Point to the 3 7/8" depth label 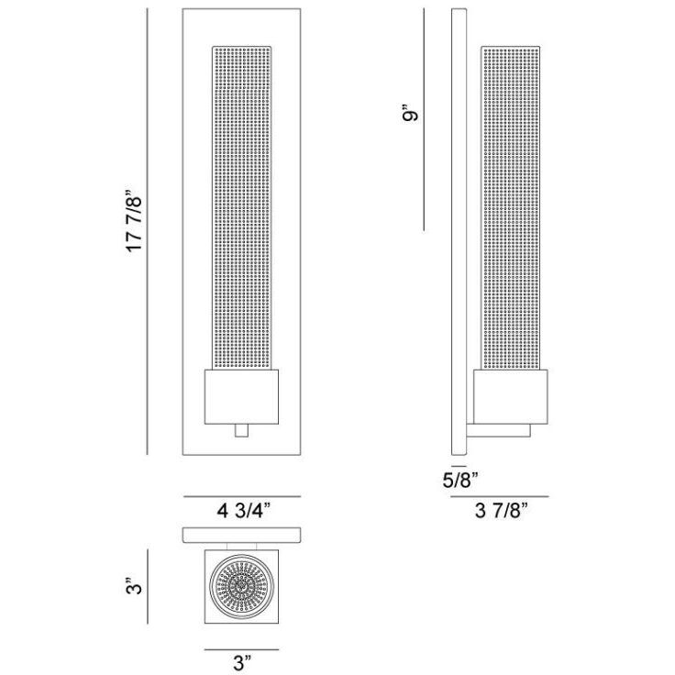(x=500, y=512)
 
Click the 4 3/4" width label (x=244, y=511)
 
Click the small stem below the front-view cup (x=242, y=430)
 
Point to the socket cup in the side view (x=511, y=392)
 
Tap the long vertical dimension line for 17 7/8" (x=148, y=230)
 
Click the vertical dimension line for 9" (x=425, y=119)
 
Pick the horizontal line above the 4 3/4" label (x=244, y=496)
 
